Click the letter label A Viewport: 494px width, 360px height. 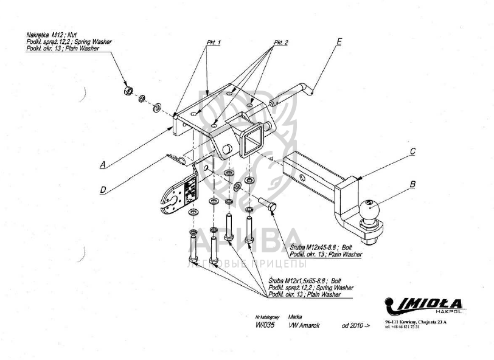(x=103, y=163)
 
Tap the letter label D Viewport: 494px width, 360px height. (x=103, y=190)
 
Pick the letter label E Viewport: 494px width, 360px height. (x=339, y=41)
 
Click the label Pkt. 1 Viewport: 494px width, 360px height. (x=213, y=43)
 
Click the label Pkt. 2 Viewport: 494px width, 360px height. (x=281, y=43)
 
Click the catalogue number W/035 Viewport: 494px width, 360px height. (x=265, y=325)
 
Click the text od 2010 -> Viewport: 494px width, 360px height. (x=355, y=325)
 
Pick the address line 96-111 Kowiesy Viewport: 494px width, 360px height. (x=416, y=322)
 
